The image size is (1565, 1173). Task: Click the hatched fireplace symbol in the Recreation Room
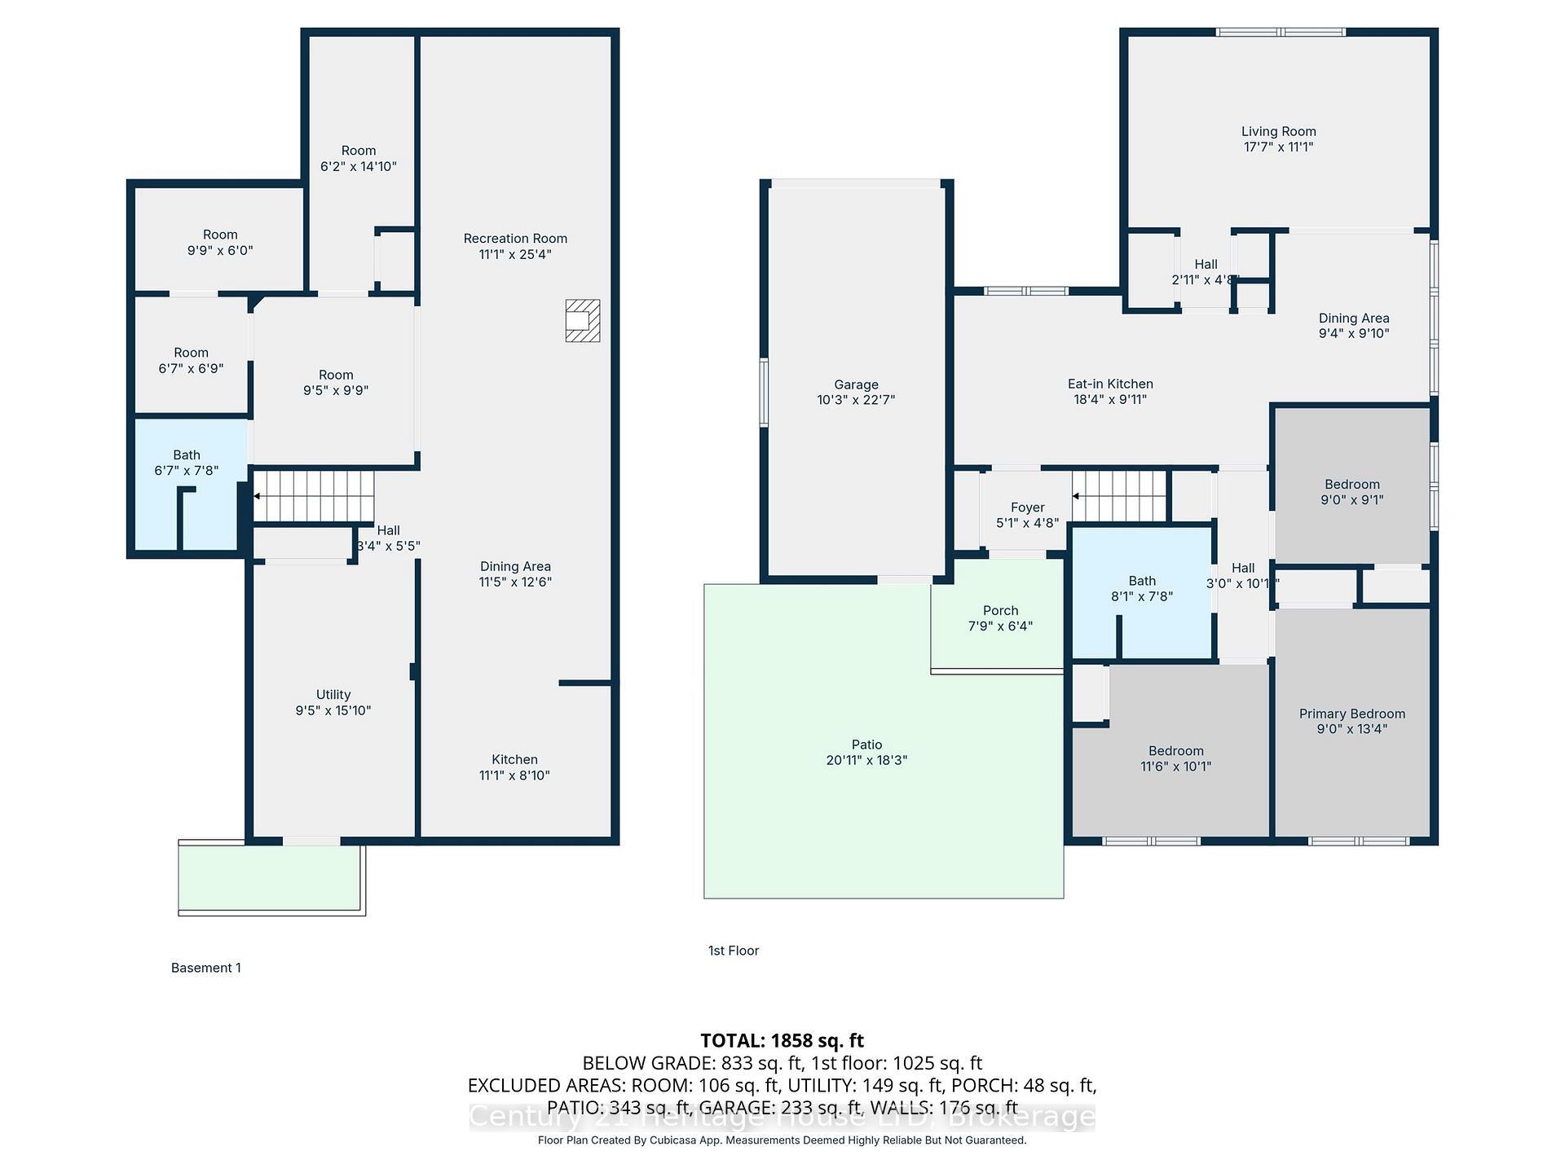pyautogui.click(x=583, y=320)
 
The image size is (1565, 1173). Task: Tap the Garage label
pyautogui.click(x=856, y=384)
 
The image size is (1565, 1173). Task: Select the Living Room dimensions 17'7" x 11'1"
pyautogui.click(x=1278, y=147)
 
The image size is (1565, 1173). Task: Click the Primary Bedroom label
pyautogui.click(x=1351, y=714)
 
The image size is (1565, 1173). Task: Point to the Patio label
pyautogui.click(x=866, y=745)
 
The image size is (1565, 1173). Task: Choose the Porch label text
pyautogui.click(x=1000, y=611)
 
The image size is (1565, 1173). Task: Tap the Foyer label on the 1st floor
pyautogui.click(x=1027, y=507)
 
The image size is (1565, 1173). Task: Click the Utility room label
pyautogui.click(x=333, y=695)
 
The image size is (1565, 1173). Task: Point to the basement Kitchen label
pyautogui.click(x=514, y=759)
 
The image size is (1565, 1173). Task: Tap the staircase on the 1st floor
pyautogui.click(x=1121, y=496)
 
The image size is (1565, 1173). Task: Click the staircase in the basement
pyautogui.click(x=314, y=496)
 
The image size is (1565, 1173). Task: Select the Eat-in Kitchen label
pyautogui.click(x=1110, y=384)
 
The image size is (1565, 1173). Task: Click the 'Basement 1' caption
pyautogui.click(x=206, y=968)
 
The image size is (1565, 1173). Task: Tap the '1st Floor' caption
pyautogui.click(x=734, y=951)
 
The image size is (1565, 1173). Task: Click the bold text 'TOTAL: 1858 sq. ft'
pyautogui.click(x=782, y=1040)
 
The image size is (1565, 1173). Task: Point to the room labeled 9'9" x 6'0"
pyautogui.click(x=220, y=243)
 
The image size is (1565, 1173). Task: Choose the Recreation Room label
pyautogui.click(x=515, y=239)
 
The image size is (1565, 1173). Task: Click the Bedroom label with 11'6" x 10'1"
pyautogui.click(x=1175, y=751)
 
